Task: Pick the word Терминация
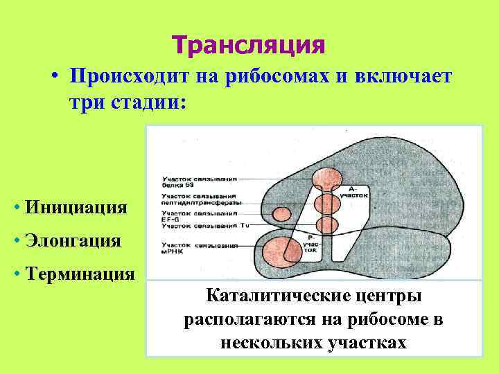79,274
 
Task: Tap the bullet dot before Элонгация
15,242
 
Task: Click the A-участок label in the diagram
354,192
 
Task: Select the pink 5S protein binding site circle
326,179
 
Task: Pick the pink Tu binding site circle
326,225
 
